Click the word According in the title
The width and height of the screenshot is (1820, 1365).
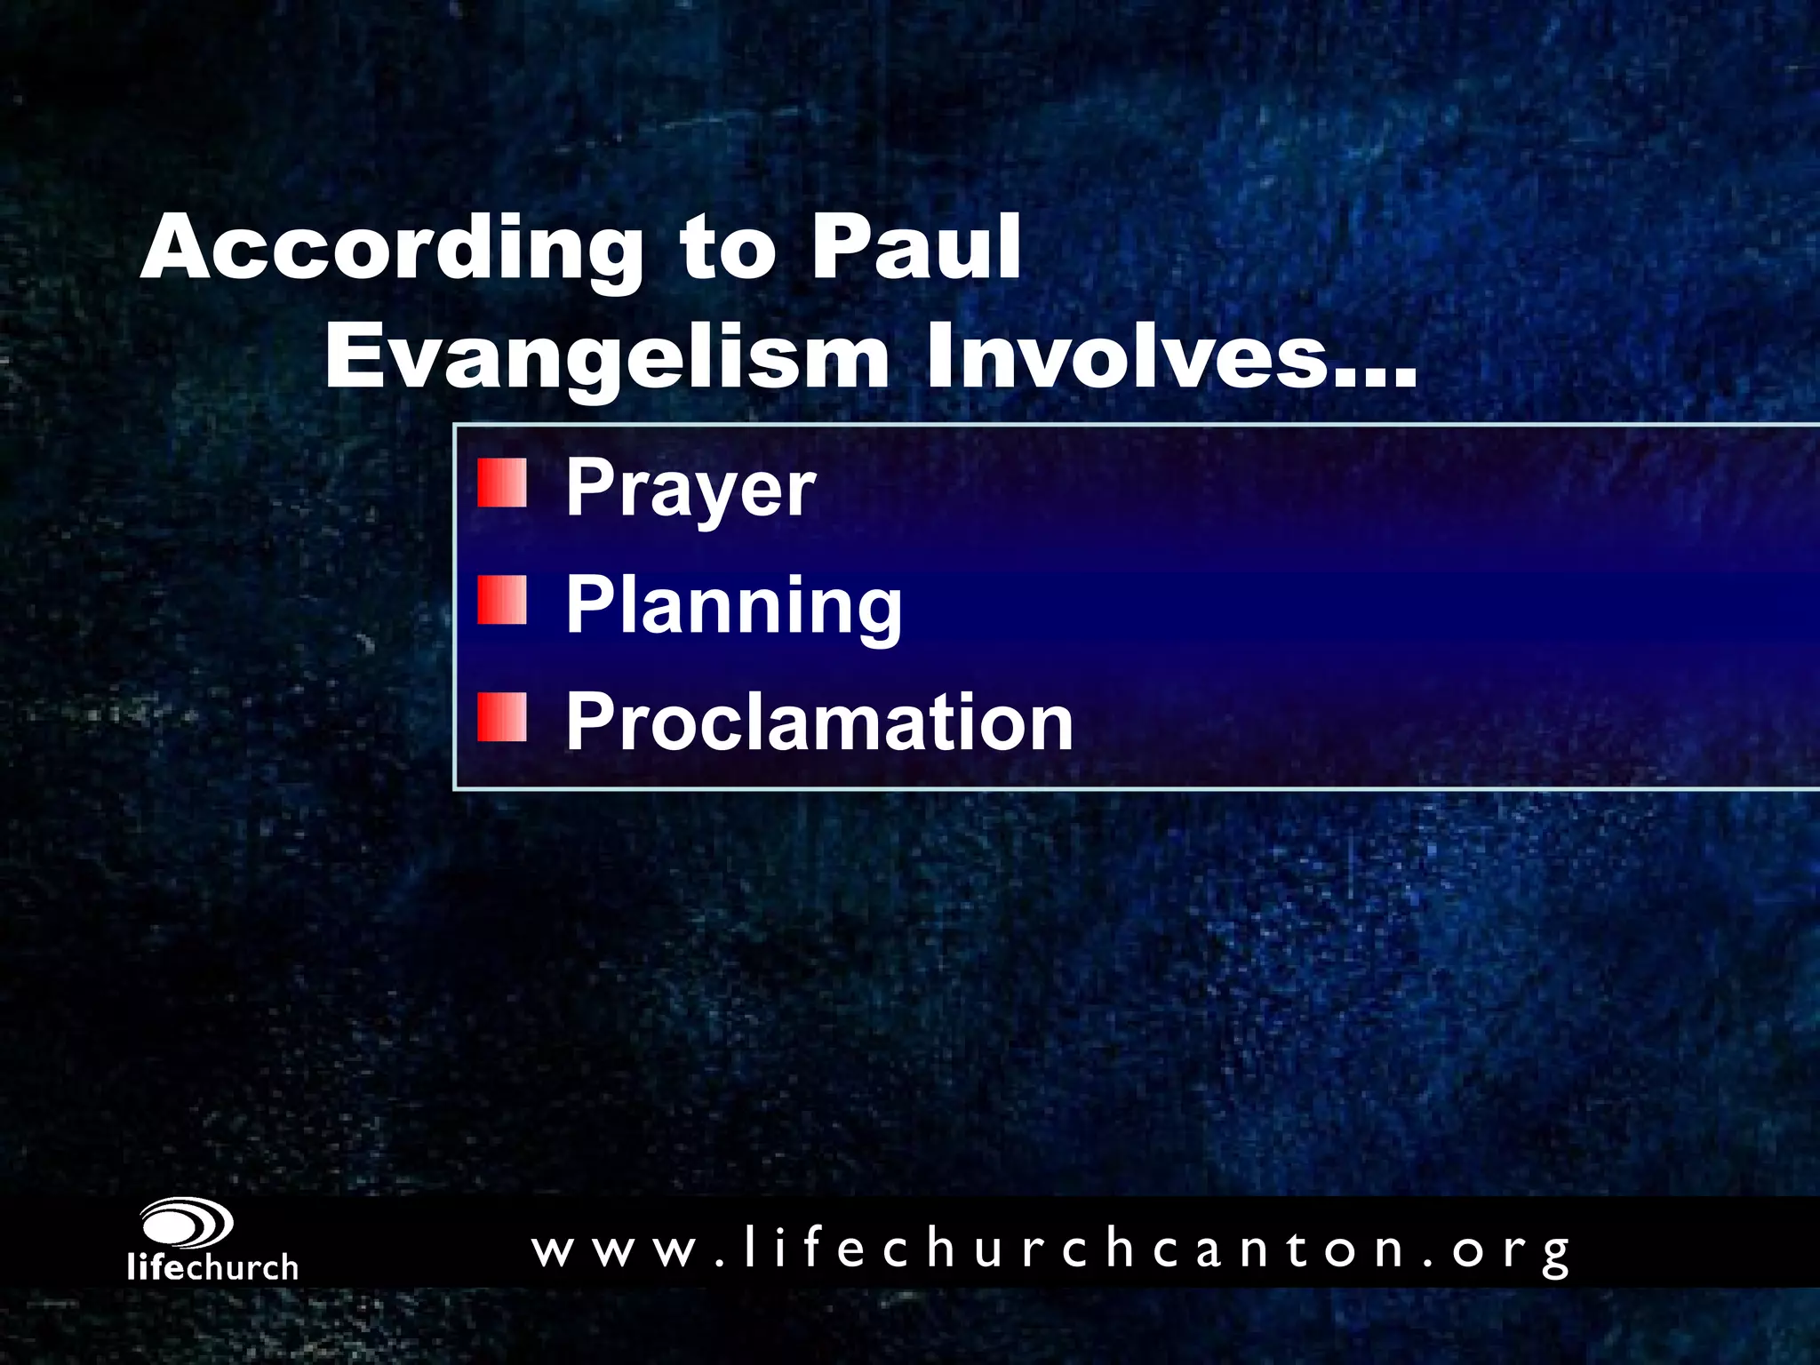(391, 249)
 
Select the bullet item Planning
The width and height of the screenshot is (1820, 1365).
(733, 606)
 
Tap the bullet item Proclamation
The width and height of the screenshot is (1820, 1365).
(818, 722)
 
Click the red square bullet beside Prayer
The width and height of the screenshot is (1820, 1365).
(502, 483)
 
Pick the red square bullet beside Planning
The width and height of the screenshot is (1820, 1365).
(502, 600)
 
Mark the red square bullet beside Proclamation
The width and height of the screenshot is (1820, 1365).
(502, 717)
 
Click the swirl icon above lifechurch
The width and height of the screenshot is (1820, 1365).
(187, 1225)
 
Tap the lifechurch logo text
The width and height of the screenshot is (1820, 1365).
(212, 1267)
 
